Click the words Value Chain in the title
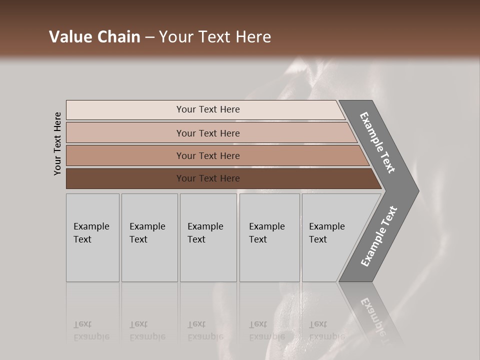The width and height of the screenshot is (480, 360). coord(94,37)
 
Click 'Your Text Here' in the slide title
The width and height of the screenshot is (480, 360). coord(215,37)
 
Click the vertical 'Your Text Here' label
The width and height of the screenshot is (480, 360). coord(57,143)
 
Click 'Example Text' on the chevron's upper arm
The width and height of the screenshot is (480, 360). coord(377,142)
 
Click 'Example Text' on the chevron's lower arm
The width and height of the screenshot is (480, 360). coord(379,236)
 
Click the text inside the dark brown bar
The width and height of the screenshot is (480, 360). coord(208,178)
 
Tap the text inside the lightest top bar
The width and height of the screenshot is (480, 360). coord(208,109)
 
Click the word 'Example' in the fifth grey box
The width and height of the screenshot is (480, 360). coord(326,226)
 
